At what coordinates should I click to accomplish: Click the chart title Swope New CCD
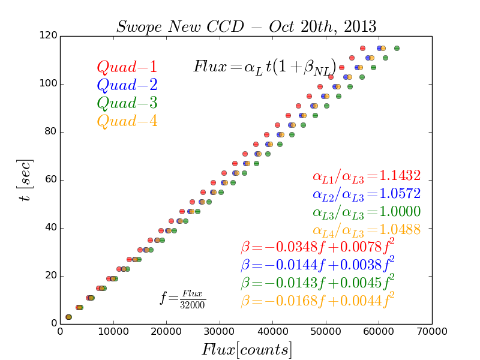246,27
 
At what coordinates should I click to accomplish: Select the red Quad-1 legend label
127,67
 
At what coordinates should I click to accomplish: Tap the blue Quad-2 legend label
127,85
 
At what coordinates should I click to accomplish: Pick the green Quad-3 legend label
127,103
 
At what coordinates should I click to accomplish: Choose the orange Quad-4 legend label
127,121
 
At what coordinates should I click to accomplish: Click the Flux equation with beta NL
264,67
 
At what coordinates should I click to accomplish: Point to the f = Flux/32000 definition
183,298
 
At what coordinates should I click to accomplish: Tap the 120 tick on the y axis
50,36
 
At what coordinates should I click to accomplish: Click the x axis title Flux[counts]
246,349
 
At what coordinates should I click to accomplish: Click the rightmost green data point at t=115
397,48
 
